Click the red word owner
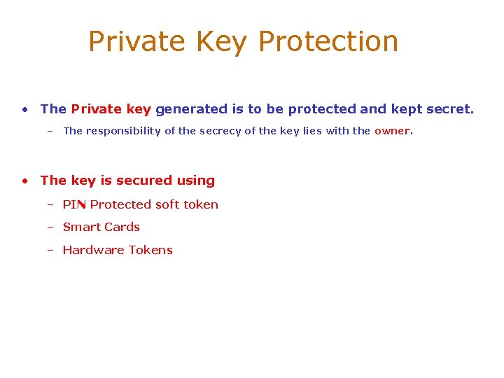pos(391,131)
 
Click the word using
pos(196,181)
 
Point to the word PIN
pos(74,204)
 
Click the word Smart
pos(80,227)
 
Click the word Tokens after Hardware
pos(150,250)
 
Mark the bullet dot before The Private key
pos(24,109)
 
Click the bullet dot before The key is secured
pos(24,181)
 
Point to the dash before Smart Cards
pos(50,227)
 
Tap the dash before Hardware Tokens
pos(50,250)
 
